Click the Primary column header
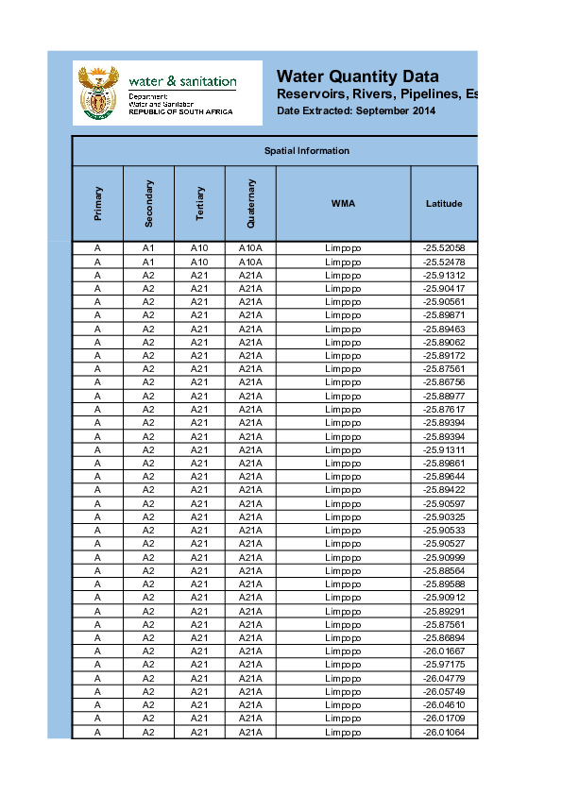click(x=98, y=204)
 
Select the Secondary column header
click(x=148, y=204)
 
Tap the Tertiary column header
click(x=199, y=204)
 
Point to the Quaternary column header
click(x=250, y=204)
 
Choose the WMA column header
click(x=343, y=204)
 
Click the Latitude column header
click(x=444, y=204)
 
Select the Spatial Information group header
click(x=306, y=151)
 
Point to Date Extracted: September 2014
click(x=356, y=112)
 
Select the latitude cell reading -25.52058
click(x=444, y=248)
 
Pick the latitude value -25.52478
click(x=444, y=262)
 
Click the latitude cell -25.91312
click(x=444, y=275)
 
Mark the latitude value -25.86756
click(x=444, y=382)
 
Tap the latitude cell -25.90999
click(x=444, y=557)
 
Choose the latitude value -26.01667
click(x=444, y=651)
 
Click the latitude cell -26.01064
click(x=444, y=732)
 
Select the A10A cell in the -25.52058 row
click(x=250, y=248)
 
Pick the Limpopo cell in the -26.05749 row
click(x=343, y=692)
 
